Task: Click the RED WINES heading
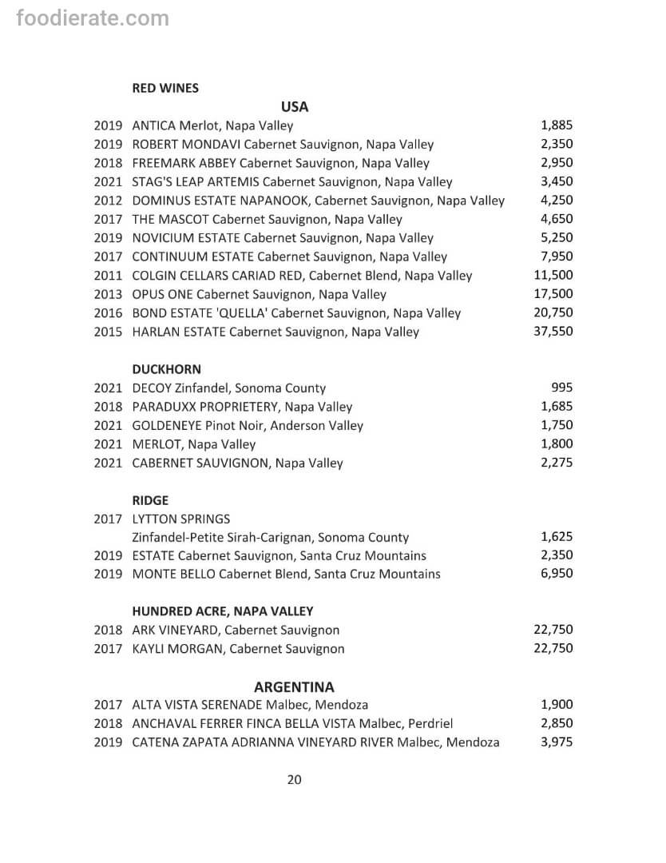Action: click(x=165, y=88)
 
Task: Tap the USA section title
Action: click(x=295, y=107)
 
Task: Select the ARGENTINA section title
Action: click(x=294, y=687)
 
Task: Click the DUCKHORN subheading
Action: click(x=166, y=369)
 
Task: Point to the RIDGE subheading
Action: click(x=150, y=500)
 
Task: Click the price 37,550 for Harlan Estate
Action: click(x=553, y=332)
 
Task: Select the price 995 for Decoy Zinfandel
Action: click(x=561, y=388)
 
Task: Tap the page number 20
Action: click(x=294, y=780)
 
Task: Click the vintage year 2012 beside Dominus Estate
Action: click(x=108, y=201)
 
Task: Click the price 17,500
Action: click(x=553, y=294)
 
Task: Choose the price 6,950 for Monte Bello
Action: click(x=557, y=574)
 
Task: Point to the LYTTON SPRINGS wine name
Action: click(x=181, y=519)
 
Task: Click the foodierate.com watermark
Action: click(x=93, y=18)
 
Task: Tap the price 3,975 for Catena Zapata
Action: click(x=557, y=742)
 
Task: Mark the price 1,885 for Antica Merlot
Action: click(x=557, y=125)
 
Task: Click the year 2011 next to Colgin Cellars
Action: click(x=108, y=276)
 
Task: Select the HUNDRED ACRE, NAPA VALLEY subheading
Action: click(x=222, y=611)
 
